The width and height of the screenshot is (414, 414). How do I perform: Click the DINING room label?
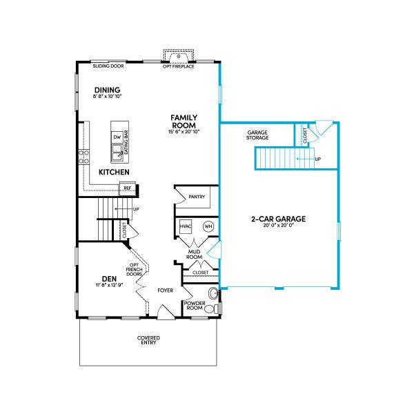(108, 90)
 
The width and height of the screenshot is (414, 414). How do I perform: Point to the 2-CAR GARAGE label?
(278, 219)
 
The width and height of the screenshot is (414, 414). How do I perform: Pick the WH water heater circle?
(207, 226)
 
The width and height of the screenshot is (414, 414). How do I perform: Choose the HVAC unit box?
(186, 226)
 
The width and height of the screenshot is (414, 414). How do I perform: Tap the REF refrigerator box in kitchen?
(127, 188)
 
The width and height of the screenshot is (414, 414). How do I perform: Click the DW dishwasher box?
(117, 137)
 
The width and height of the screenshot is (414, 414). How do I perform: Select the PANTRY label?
(197, 197)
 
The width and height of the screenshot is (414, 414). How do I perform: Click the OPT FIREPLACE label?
(178, 66)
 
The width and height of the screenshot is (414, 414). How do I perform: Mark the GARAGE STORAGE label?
(257, 135)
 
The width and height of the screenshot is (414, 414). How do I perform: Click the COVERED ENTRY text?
(148, 340)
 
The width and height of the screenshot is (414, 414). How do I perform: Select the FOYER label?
(164, 290)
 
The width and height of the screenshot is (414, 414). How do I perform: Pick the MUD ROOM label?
(198, 255)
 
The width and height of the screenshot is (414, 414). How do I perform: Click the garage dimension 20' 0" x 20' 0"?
(278, 226)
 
